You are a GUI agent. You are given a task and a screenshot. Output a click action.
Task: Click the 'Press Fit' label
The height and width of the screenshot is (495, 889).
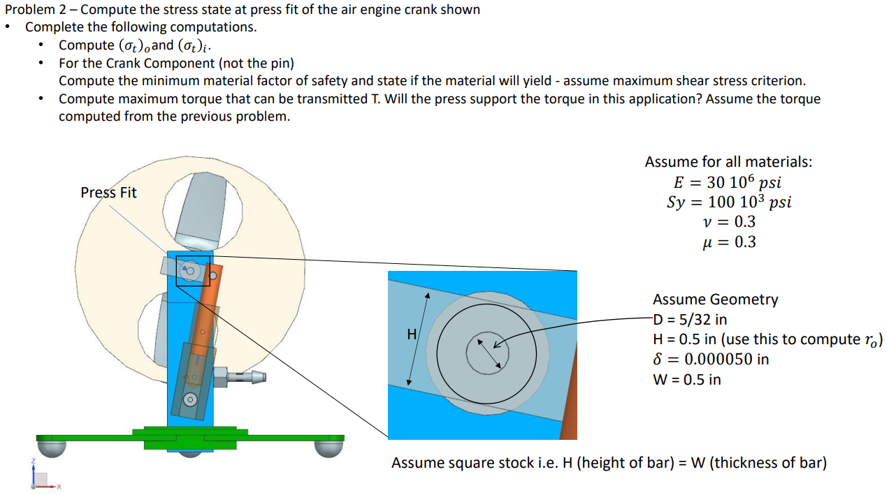(108, 192)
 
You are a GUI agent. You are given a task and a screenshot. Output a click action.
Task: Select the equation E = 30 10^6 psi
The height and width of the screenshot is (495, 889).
(728, 182)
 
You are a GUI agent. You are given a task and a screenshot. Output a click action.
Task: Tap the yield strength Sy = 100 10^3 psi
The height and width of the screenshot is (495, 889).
(729, 202)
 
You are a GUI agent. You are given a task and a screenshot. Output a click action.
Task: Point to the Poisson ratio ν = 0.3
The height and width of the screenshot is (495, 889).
(728, 222)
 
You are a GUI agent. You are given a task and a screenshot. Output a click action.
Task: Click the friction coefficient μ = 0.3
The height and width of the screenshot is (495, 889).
(728, 242)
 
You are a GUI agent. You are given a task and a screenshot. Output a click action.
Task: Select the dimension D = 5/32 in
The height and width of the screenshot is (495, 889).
(690, 319)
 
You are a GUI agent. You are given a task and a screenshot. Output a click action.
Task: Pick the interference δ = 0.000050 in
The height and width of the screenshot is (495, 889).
(711, 359)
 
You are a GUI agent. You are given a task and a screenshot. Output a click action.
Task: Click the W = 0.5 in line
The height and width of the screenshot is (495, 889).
(687, 379)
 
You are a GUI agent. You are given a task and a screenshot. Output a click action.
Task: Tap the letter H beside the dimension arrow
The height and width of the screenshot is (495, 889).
(412, 334)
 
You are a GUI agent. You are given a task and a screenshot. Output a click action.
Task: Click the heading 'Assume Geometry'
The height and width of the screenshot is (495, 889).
(715, 300)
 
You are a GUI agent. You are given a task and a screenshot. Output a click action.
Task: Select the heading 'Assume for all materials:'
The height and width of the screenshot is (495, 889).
(728, 162)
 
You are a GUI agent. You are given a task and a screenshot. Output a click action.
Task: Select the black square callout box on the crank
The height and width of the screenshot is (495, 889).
(193, 271)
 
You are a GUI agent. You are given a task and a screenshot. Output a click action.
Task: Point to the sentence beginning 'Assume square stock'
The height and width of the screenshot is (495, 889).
(609, 463)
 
